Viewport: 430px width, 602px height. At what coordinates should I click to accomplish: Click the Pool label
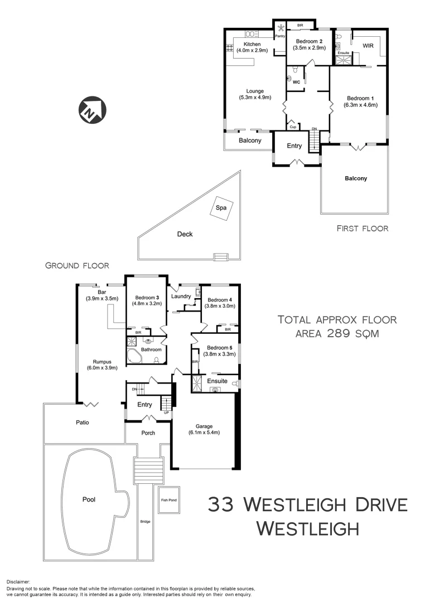(x=89, y=499)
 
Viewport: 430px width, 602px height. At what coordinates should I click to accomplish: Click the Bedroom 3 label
(x=146, y=297)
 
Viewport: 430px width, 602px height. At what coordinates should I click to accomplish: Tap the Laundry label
(x=182, y=296)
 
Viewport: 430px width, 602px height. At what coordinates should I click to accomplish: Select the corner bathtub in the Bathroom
(x=134, y=356)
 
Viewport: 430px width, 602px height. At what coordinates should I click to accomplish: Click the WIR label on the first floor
(x=368, y=45)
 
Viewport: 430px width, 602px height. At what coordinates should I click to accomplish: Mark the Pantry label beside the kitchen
(x=280, y=36)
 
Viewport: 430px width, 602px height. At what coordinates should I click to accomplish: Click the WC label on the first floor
(x=297, y=82)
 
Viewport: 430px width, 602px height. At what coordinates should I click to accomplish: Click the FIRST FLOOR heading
(x=363, y=228)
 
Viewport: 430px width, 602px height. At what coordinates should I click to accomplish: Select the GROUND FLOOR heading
(x=77, y=266)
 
